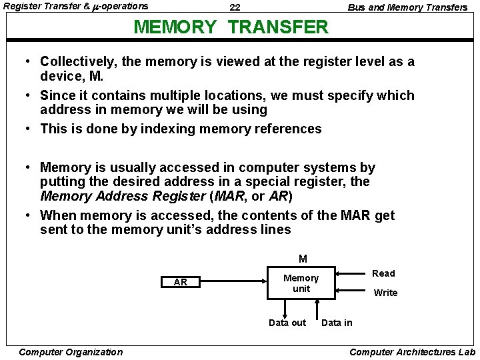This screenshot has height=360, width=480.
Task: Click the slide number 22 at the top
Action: point(235,7)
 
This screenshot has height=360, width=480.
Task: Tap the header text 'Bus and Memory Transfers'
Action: point(407,7)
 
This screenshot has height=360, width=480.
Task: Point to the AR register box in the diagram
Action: point(180,282)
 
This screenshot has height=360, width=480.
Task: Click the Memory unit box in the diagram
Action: point(301,283)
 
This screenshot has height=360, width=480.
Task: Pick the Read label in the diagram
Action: point(383,273)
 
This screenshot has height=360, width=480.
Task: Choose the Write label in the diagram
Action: point(385,293)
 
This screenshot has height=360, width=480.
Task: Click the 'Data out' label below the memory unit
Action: point(287,323)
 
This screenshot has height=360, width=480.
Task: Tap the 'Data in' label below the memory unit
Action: point(337,323)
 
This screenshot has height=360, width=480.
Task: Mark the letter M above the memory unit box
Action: point(303,259)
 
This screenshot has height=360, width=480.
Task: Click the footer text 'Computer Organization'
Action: point(71,352)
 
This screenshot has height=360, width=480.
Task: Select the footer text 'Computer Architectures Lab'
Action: point(412,352)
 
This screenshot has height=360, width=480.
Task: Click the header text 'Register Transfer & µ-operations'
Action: point(76,7)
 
